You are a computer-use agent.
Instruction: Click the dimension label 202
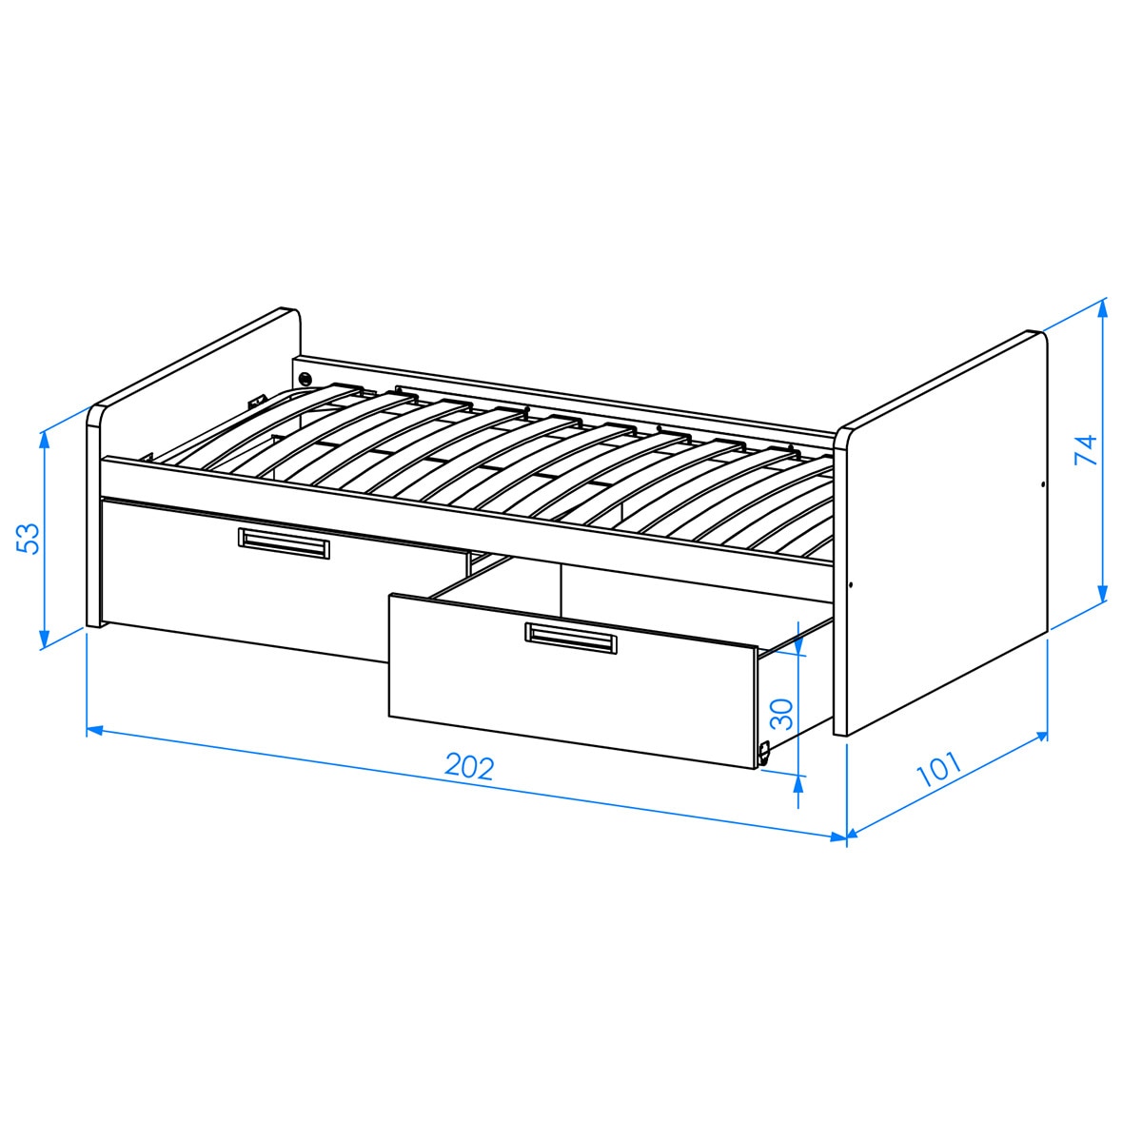click(470, 767)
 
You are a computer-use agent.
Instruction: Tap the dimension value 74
click(1085, 449)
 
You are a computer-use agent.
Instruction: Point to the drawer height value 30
click(780, 713)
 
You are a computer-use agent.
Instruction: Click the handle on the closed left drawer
click(284, 542)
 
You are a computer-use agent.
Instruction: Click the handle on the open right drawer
click(571, 638)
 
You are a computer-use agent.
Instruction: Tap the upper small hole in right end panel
click(1043, 484)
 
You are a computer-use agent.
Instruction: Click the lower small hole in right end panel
click(850, 585)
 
